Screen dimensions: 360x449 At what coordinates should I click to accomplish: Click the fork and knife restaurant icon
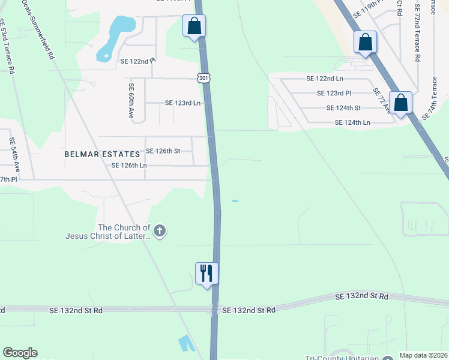click(x=206, y=274)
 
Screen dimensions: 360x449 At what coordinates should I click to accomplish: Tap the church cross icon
click(x=159, y=230)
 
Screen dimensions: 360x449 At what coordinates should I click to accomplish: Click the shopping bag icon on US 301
click(x=194, y=26)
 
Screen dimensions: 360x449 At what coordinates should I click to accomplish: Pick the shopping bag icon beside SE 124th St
click(x=400, y=103)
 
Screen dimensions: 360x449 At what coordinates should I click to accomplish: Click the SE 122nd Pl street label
click(x=137, y=61)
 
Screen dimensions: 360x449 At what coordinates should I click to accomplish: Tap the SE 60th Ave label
click(x=130, y=100)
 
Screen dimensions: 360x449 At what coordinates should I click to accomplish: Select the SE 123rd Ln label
click(x=182, y=103)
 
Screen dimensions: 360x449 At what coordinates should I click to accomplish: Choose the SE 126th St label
click(x=163, y=151)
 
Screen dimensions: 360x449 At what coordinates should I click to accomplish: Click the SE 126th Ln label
click(x=129, y=166)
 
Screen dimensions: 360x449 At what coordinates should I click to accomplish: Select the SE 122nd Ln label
click(x=325, y=79)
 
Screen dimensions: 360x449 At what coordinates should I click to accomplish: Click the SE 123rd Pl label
click(x=334, y=93)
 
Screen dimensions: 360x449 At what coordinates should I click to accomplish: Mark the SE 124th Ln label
click(x=352, y=122)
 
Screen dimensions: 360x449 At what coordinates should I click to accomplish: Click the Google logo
click(x=20, y=353)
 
